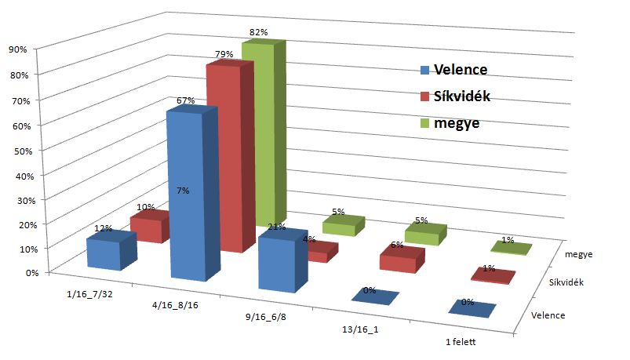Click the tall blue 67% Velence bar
coord(187,196)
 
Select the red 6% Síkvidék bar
coord(400,260)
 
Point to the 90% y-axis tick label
coord(16,49)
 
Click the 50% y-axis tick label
coord(16,149)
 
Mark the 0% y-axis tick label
coord(19,273)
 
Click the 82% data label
coord(259,32)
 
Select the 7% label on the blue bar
coord(183,190)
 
